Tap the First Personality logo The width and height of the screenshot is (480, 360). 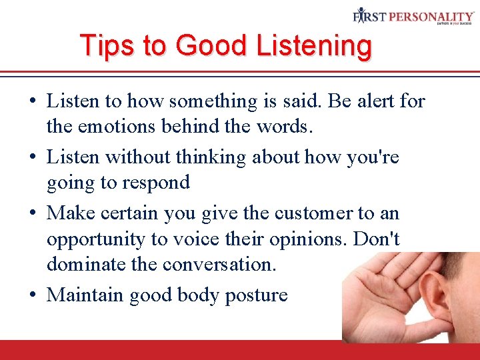click(413, 16)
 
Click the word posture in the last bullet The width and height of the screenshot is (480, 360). click(256, 295)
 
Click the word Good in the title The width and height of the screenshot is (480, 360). click(209, 45)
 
